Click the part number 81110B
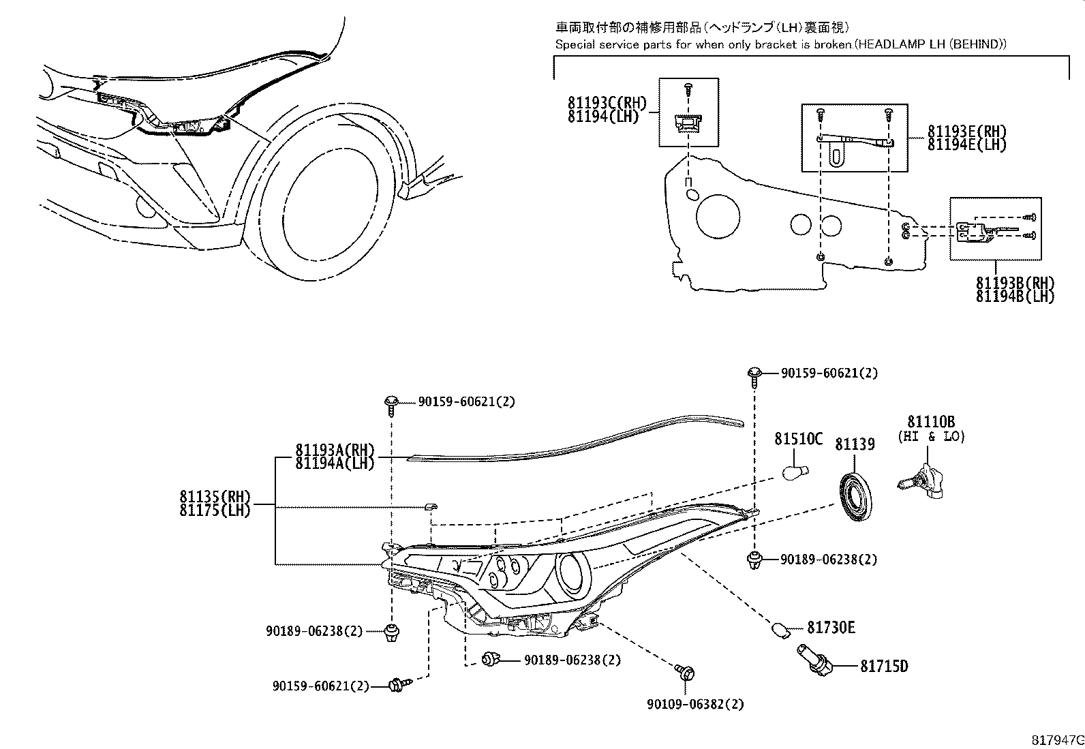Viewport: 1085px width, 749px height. (x=930, y=422)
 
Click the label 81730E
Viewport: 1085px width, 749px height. (x=831, y=626)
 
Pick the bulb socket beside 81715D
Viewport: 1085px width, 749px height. (x=814, y=660)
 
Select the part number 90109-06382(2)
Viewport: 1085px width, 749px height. (x=696, y=703)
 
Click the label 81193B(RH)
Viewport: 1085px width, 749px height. (x=1015, y=283)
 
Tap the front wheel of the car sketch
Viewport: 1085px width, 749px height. (x=327, y=198)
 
